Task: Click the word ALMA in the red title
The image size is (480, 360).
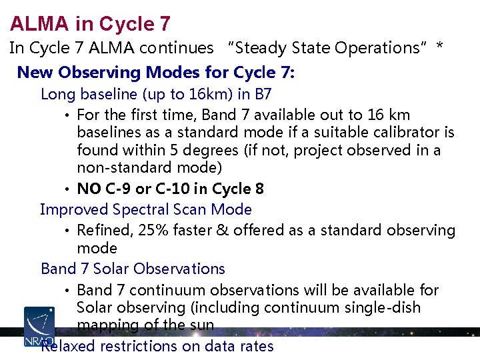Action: coord(39,24)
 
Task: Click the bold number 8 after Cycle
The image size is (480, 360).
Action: coord(259,189)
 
